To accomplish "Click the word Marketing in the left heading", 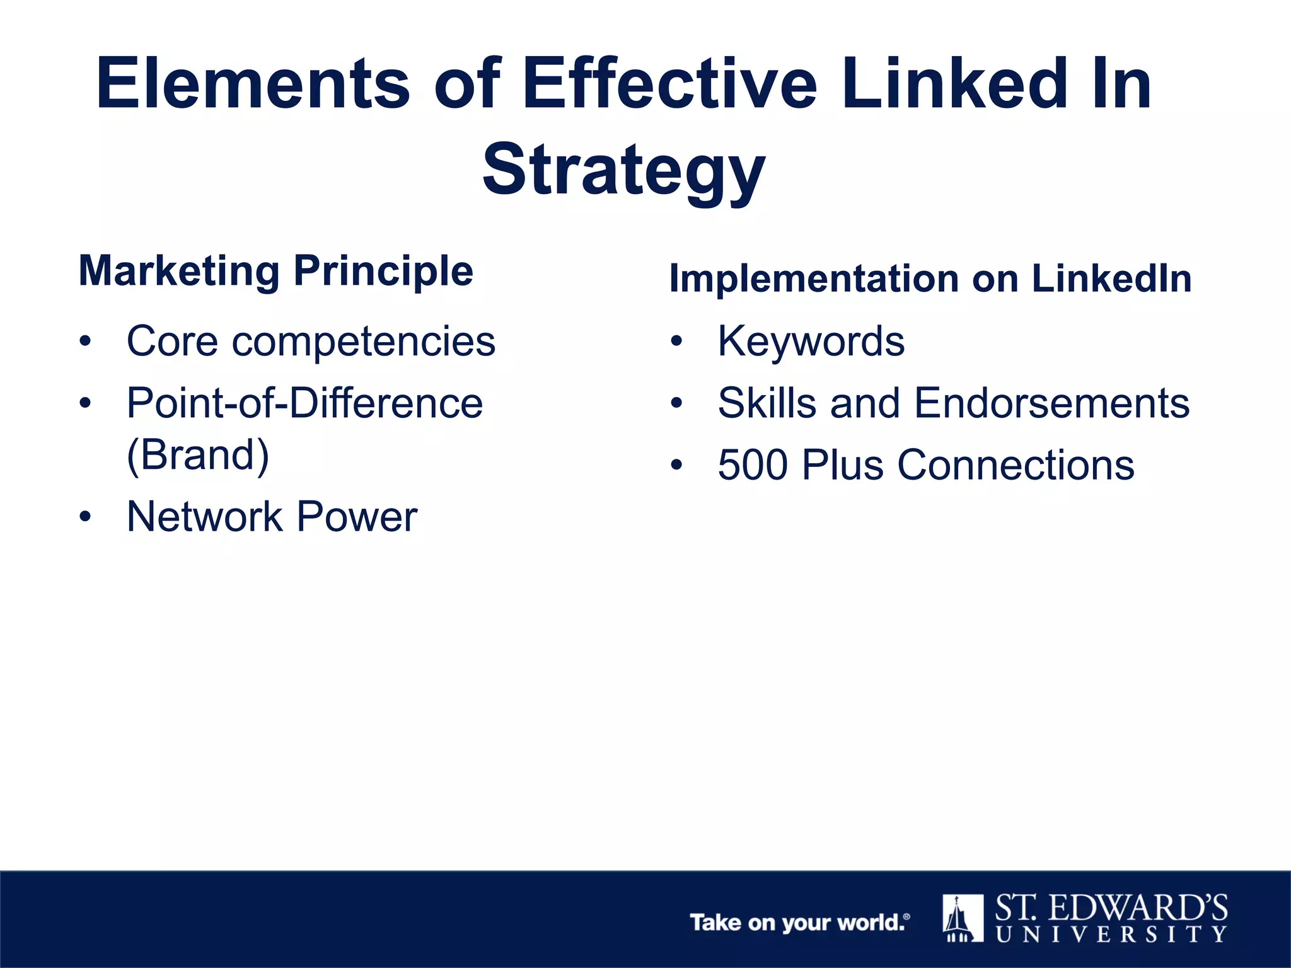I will pyautogui.click(x=179, y=271).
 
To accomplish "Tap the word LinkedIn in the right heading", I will pyautogui.click(x=1111, y=278).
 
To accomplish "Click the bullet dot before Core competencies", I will pyautogui.click(x=85, y=342).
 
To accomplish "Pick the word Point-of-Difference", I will pyautogui.click(x=304, y=403).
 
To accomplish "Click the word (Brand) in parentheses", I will pyautogui.click(x=198, y=455).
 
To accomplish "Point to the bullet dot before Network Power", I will pyautogui.click(x=85, y=517).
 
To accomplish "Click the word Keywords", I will pyautogui.click(x=811, y=342).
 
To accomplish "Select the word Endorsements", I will pyautogui.click(x=1051, y=403).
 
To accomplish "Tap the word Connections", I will pyautogui.click(x=1016, y=465).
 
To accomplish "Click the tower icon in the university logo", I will pyautogui.click(x=963, y=918).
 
